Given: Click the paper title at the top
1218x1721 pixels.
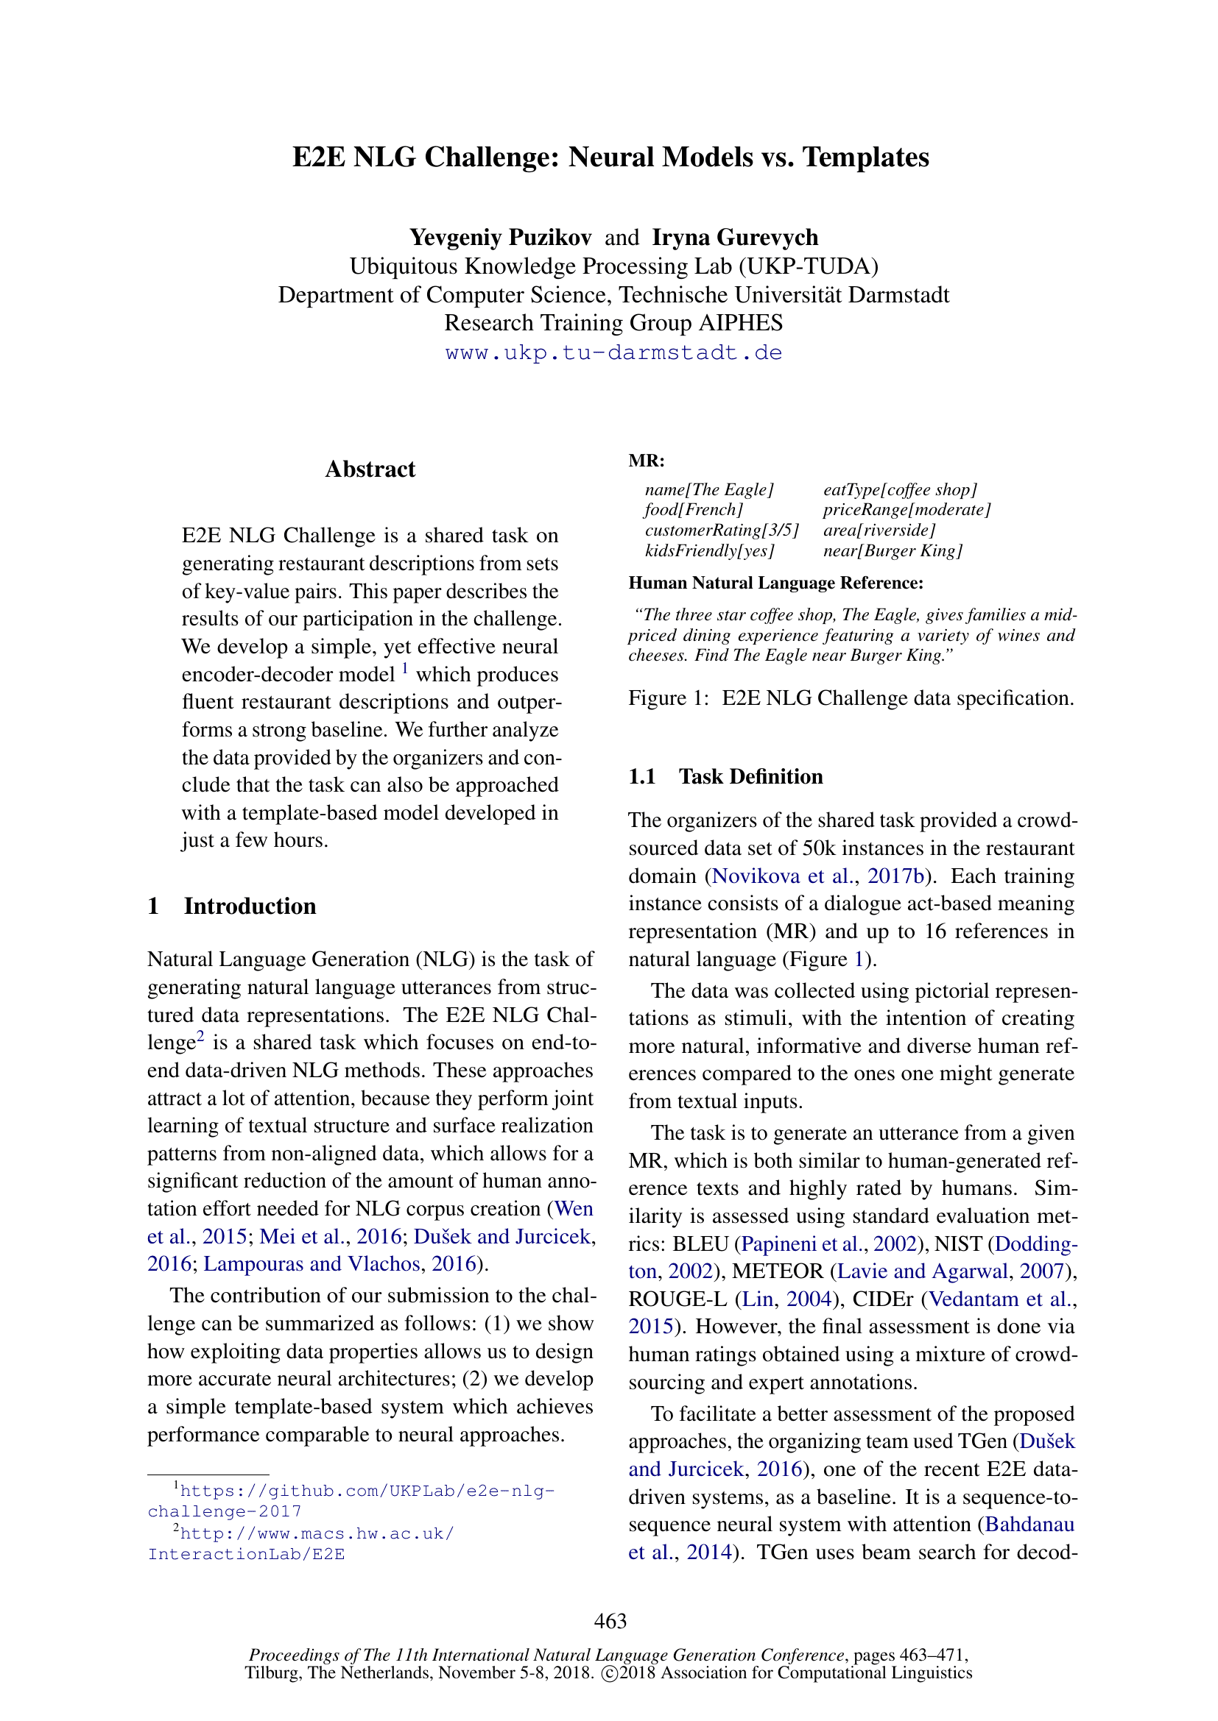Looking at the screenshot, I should click(610, 157).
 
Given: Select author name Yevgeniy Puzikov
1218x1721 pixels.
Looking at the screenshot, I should click(500, 238).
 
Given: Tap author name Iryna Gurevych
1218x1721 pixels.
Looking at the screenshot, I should click(735, 238).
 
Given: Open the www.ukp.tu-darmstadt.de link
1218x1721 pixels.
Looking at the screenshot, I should click(613, 352).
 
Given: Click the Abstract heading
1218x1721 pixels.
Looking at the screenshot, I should click(370, 469).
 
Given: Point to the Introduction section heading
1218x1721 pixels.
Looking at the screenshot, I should click(250, 906).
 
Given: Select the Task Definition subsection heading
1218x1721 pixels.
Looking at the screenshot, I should click(750, 776).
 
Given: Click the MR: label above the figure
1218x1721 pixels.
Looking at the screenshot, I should click(647, 460).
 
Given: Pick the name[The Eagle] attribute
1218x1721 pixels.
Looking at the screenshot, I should click(708, 489).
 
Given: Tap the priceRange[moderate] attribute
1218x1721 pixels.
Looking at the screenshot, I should click(907, 510).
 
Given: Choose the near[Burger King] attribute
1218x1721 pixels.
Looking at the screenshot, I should click(893, 551).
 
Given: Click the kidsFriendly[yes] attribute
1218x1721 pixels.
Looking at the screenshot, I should click(708, 551).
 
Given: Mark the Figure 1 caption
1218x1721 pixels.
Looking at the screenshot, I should click(851, 698).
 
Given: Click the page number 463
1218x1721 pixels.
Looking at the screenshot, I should click(610, 1622).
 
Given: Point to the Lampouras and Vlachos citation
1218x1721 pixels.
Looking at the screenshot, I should click(311, 1265).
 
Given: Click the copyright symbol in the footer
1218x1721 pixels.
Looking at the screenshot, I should click(610, 1674).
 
